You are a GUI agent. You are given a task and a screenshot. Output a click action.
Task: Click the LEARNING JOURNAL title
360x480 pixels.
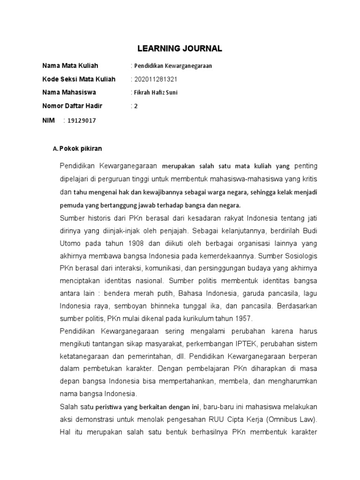point(180,48)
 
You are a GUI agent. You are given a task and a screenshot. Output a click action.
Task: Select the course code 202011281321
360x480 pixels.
point(156,79)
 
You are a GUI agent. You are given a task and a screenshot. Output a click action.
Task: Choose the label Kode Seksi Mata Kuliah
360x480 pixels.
point(79,79)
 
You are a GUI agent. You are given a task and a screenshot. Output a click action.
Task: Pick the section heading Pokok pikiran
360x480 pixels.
point(81,149)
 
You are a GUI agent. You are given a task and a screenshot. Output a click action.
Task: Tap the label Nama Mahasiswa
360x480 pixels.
point(69,93)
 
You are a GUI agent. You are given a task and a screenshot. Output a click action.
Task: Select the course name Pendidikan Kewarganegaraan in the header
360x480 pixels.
point(173,66)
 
